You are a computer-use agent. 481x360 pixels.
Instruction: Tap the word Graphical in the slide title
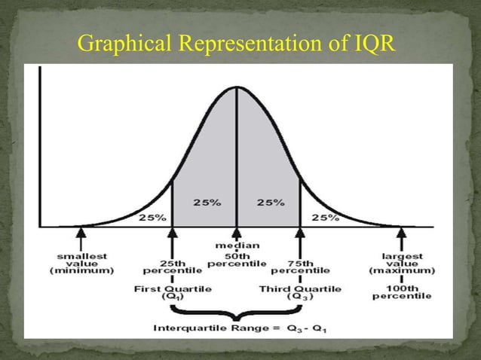tap(121, 45)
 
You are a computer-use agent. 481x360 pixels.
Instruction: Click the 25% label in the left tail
tap(152, 218)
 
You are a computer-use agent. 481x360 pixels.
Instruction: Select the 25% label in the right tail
tap(325, 218)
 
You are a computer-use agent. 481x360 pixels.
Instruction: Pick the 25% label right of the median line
tap(269, 203)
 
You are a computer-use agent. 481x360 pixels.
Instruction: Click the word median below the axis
tap(237, 245)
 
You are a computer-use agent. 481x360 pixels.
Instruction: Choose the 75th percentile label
tap(300, 267)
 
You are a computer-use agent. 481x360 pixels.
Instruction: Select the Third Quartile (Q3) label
tap(300, 293)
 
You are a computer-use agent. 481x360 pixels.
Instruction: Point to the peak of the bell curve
tap(237, 87)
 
